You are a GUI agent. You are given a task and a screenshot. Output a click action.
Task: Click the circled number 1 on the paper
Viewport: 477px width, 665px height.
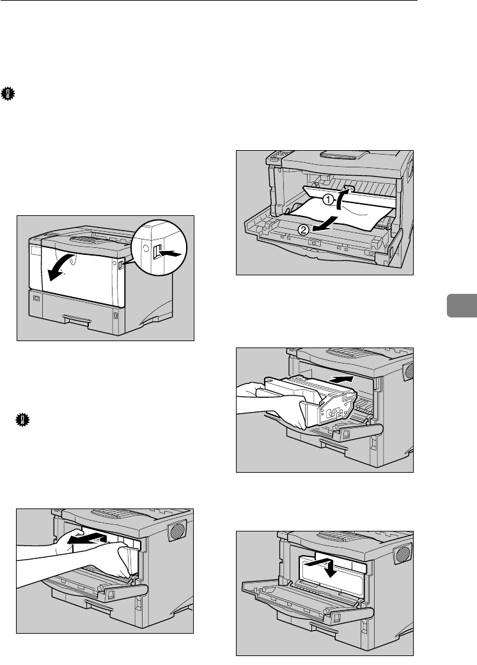click(325, 199)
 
